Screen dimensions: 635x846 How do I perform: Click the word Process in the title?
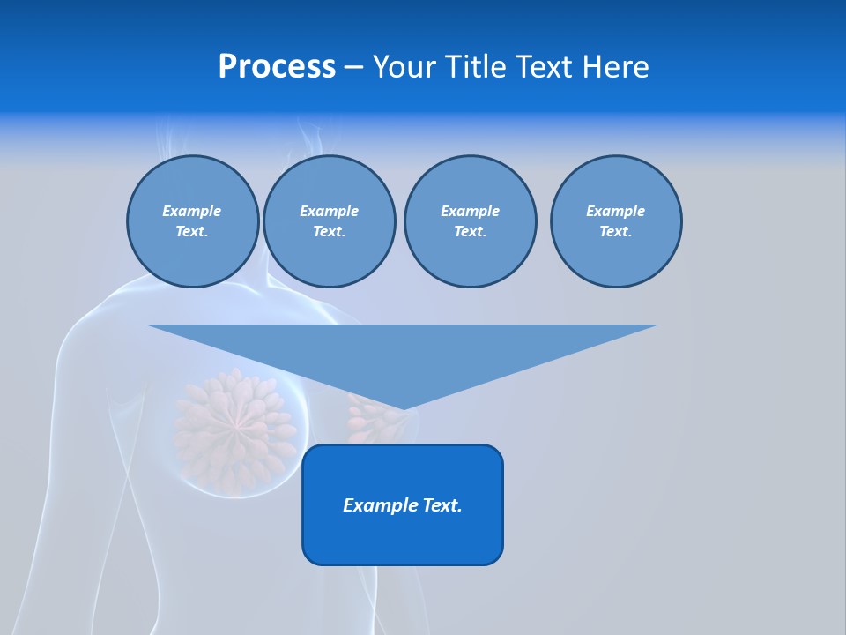(277, 67)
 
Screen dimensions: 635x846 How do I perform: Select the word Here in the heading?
(614, 67)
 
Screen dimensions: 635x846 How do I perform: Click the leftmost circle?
(192, 221)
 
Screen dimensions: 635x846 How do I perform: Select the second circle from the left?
(329, 221)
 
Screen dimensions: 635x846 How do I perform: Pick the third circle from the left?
(470, 221)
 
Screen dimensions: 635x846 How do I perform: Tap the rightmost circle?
(615, 221)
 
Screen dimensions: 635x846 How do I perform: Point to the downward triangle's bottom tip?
(403, 407)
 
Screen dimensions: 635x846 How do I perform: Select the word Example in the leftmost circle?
(192, 211)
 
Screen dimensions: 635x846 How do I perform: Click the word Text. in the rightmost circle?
(615, 232)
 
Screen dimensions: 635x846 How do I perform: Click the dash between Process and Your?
(353, 67)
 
